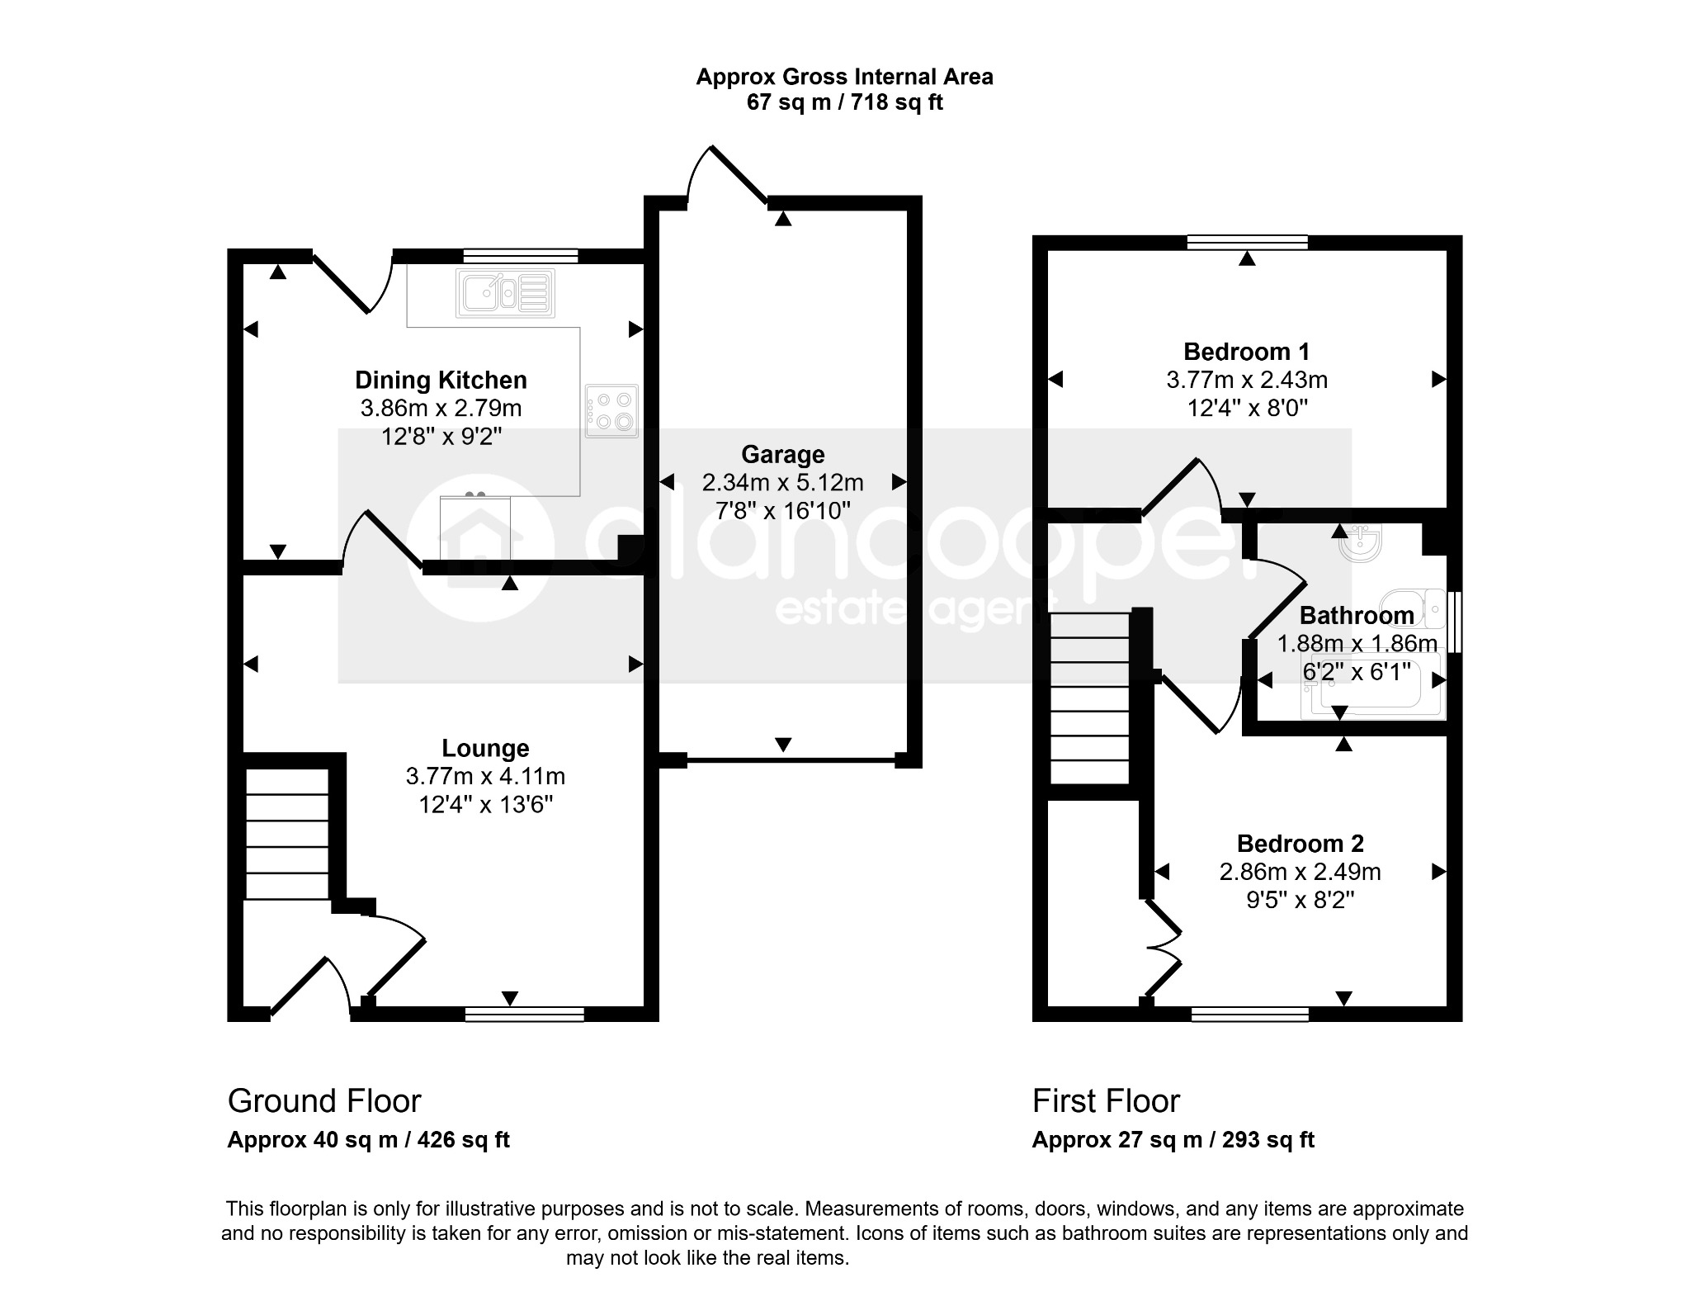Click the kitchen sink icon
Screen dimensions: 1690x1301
point(505,293)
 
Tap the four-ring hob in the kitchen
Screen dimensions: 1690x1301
point(611,411)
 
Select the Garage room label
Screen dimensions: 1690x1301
point(782,454)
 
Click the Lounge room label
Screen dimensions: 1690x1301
point(485,748)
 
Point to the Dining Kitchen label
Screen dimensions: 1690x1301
point(441,380)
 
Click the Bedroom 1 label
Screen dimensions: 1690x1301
point(1246,352)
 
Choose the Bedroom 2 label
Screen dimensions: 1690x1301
point(1300,844)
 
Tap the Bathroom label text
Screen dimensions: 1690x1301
point(1357,615)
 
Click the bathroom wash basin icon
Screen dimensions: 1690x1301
point(1360,543)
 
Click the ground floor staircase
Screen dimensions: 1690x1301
point(287,834)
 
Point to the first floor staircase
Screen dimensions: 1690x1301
point(1089,698)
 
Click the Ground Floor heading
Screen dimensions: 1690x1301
point(324,1101)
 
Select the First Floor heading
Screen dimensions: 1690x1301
point(1106,1101)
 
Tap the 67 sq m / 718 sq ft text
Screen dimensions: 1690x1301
point(844,102)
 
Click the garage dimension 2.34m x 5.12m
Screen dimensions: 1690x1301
point(782,482)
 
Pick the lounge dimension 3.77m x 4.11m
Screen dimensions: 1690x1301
point(485,776)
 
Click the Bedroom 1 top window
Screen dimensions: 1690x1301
point(1248,242)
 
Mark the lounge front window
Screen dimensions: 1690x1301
point(525,1015)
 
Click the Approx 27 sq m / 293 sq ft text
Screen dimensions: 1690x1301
point(1173,1140)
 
